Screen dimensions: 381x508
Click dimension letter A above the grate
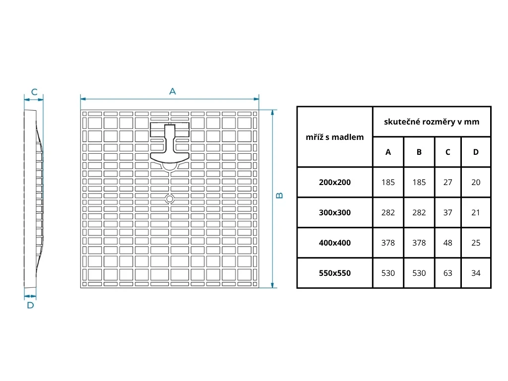coord(173,91)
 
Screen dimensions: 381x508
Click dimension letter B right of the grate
coord(280,195)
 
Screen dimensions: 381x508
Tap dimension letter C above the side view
coord(34,92)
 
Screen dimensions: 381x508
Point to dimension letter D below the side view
coord(30,305)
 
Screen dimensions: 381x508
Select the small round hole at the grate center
coord(170,199)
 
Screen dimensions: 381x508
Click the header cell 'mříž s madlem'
coord(335,137)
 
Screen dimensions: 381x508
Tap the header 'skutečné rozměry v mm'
coord(432,122)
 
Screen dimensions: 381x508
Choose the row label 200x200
coord(335,182)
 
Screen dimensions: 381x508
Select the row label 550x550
coord(335,273)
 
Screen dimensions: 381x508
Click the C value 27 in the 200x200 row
coord(448,182)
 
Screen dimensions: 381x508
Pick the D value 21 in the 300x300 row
coord(476,212)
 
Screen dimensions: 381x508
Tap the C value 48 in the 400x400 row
coord(448,243)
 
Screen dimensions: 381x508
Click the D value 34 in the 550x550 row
coord(476,273)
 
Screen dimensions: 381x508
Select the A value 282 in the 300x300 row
coord(388,212)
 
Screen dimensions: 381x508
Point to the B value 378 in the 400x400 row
coord(419,243)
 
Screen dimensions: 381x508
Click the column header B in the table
coord(419,152)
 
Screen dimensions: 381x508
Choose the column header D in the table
coord(476,152)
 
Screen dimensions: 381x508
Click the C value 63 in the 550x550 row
coord(448,273)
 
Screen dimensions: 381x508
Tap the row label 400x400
coord(335,243)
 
